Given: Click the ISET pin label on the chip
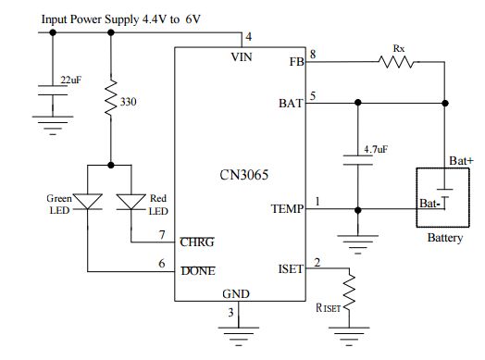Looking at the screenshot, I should pyautogui.click(x=291, y=269).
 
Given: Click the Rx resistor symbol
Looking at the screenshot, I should pyautogui.click(x=397, y=62).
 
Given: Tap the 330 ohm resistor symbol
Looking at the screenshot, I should pyautogui.click(x=112, y=98).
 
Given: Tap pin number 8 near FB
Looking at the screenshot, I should pyautogui.click(x=313, y=55).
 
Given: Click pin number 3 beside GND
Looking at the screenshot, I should pyautogui.click(x=231, y=313).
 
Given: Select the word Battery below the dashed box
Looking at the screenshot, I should pyautogui.click(x=444, y=238).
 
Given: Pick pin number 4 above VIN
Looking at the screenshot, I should pyautogui.click(x=247, y=37).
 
